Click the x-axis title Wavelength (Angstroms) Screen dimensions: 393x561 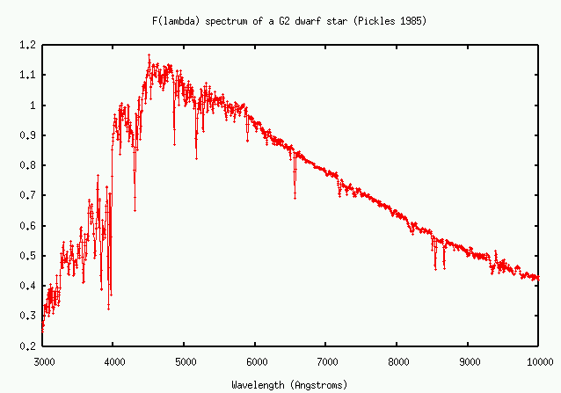pyautogui.click(x=289, y=384)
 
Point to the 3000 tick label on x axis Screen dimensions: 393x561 pyautogui.click(x=42, y=360)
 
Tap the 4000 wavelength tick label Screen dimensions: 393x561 pyautogui.click(x=113, y=360)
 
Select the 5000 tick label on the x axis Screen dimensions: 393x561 pyautogui.click(x=185, y=360)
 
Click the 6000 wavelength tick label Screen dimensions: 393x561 pyautogui.click(x=255, y=360)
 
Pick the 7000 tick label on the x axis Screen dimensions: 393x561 pyautogui.click(x=326, y=360)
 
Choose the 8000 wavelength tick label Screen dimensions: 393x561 pyautogui.click(x=397, y=360)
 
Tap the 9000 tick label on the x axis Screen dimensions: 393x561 pyautogui.click(x=468, y=360)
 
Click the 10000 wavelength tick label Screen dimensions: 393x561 pyautogui.click(x=539, y=360)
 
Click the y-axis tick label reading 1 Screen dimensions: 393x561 pyautogui.click(x=33, y=105)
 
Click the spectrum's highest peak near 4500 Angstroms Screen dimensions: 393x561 pyautogui.click(x=149, y=55)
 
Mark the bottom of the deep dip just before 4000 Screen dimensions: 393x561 pyautogui.click(x=109, y=308)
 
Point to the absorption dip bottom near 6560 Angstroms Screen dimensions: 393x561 pyautogui.click(x=295, y=197)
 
